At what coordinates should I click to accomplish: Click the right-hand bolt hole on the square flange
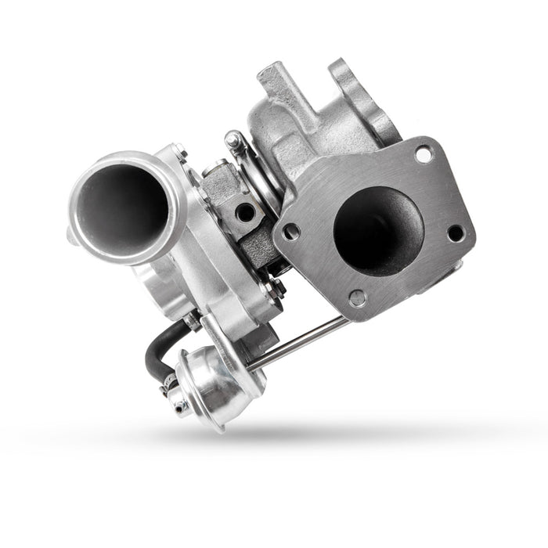(455, 233)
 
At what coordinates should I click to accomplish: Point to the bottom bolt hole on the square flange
(357, 297)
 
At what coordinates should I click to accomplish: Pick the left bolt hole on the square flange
(291, 232)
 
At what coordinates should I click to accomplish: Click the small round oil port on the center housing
(246, 212)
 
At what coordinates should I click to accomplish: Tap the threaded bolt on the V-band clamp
(233, 142)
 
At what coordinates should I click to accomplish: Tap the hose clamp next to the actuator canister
(168, 386)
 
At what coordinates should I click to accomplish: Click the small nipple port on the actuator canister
(181, 405)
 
